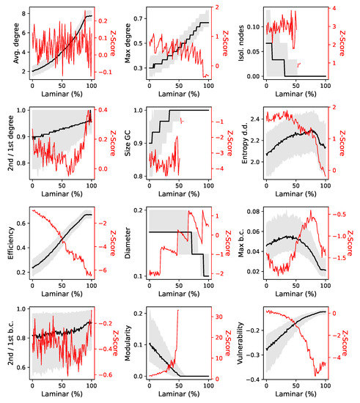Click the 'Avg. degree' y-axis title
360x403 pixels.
point(16,43)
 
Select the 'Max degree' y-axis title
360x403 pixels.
point(128,43)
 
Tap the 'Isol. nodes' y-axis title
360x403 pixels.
point(241,43)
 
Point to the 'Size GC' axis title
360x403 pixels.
point(128,143)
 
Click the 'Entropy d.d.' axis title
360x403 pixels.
point(245,143)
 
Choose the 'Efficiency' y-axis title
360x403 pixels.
point(10,243)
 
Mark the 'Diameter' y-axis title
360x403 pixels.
point(128,243)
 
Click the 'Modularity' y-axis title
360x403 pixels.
point(128,343)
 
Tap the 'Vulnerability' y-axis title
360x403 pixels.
point(240,343)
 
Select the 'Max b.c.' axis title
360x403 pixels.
point(241,243)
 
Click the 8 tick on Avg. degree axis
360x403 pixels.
point(24,14)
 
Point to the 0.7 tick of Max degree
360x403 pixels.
point(139,18)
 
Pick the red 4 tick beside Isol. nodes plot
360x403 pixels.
point(334,8)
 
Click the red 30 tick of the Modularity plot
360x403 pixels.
point(218,317)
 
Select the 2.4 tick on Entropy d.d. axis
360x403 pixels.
point(255,119)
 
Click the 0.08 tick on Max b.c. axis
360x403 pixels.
point(254,211)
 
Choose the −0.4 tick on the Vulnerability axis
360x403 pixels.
point(253,380)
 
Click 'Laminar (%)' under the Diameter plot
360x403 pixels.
point(179,294)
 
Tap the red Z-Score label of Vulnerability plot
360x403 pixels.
point(345,343)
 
